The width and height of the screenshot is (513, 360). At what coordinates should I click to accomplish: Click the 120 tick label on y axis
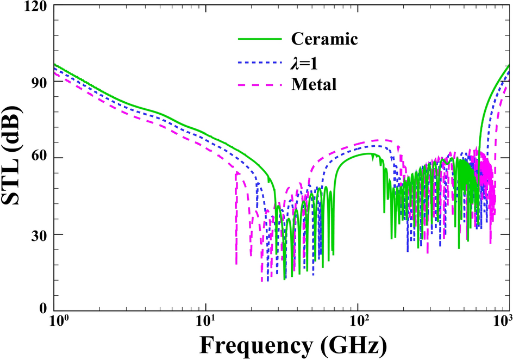click(35, 7)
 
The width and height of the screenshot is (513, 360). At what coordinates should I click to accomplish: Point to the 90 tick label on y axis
click(38, 83)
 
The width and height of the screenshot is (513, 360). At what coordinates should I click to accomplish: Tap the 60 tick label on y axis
click(38, 158)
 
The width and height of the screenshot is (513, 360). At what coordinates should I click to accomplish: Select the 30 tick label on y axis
click(38, 234)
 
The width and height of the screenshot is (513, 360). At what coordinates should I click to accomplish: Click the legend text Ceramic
click(324, 39)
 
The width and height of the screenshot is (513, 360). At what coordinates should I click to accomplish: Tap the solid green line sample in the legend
click(260, 39)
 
